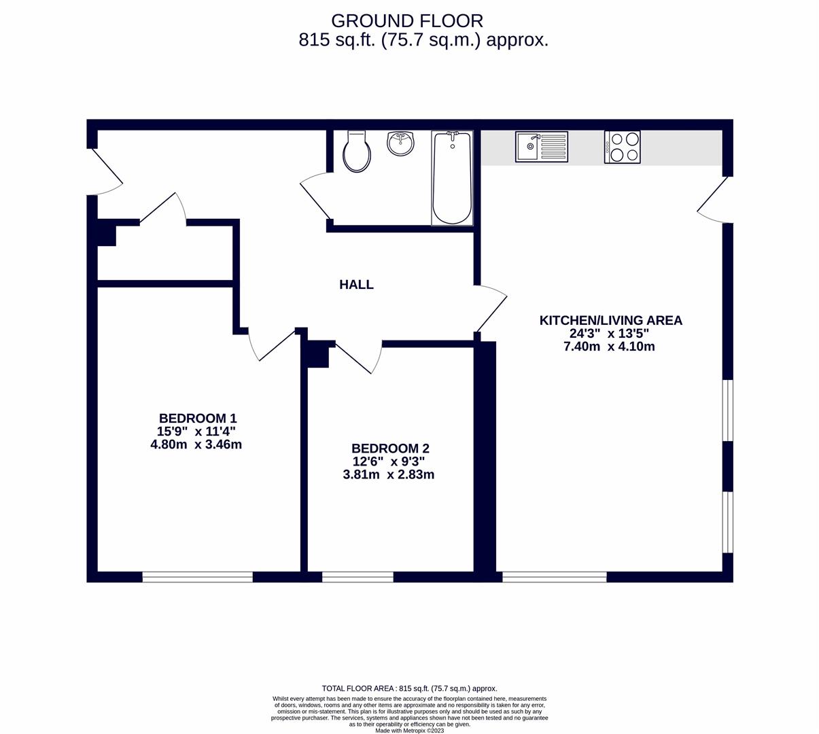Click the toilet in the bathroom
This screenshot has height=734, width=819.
(x=357, y=152)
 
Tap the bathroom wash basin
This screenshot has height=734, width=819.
(x=400, y=143)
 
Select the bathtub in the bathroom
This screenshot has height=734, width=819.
(x=452, y=178)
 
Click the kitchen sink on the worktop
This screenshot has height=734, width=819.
(x=541, y=147)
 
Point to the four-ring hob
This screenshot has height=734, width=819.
(x=622, y=147)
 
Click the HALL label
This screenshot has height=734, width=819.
(x=356, y=285)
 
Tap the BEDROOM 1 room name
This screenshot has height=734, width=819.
(x=197, y=418)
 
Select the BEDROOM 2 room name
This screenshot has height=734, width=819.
(x=390, y=449)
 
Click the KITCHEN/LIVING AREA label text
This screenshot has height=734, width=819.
(x=610, y=320)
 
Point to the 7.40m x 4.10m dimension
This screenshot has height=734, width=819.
(x=609, y=347)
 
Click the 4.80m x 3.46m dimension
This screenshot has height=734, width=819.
(x=196, y=445)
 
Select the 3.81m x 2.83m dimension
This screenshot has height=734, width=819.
(x=388, y=475)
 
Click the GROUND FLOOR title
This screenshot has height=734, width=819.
(x=407, y=20)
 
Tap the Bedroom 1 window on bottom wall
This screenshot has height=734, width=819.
(x=197, y=577)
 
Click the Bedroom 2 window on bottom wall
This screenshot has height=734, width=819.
(x=358, y=577)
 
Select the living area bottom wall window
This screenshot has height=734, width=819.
(x=554, y=577)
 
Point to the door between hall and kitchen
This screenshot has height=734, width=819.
(x=491, y=309)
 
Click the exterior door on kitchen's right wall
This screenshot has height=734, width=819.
(x=714, y=199)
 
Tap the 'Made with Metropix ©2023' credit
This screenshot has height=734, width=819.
(x=409, y=731)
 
